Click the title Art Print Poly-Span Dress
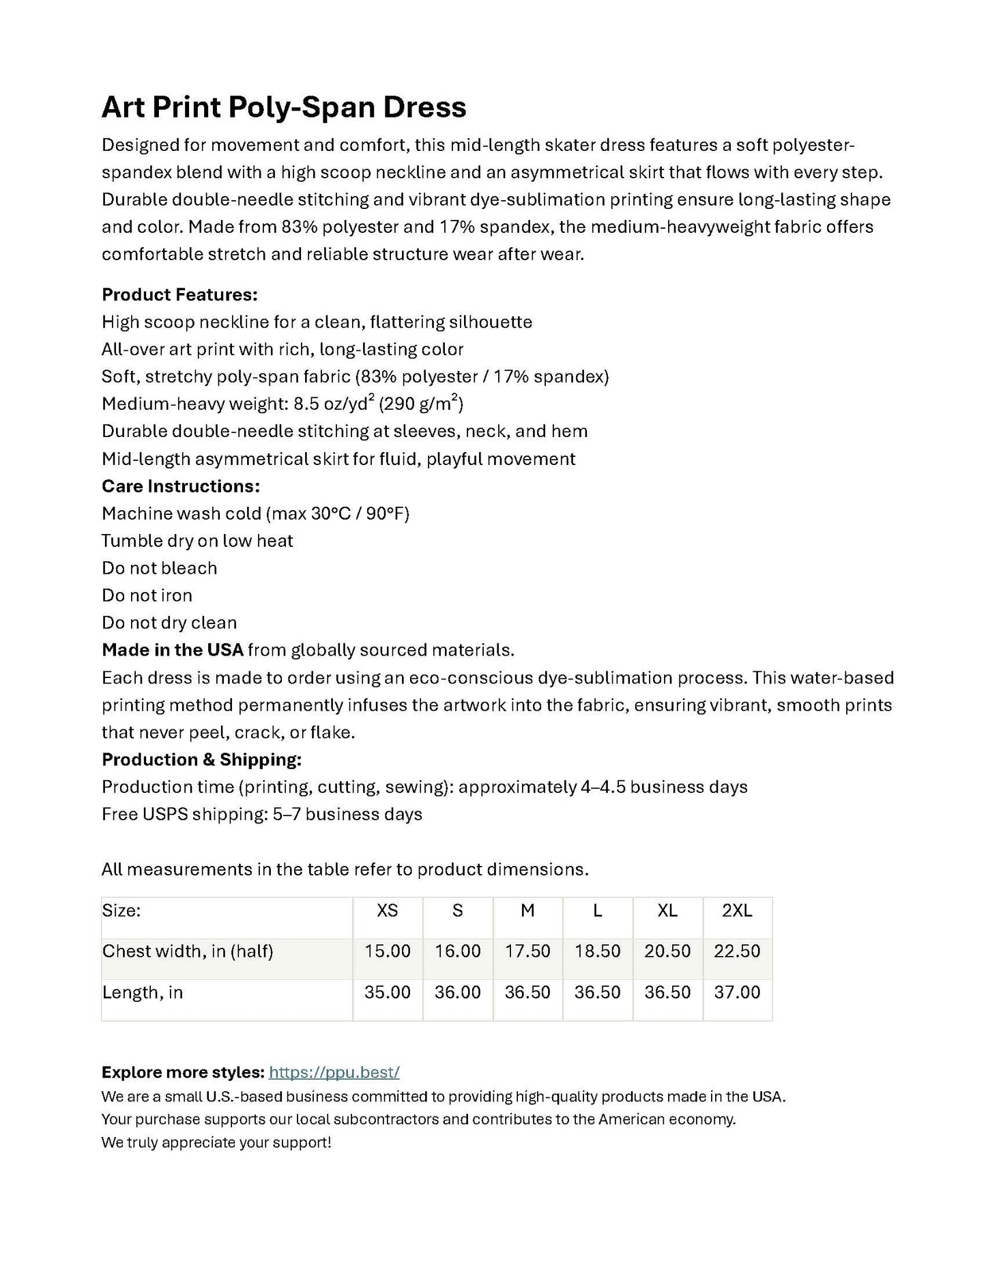[x=284, y=107]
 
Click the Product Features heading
[x=179, y=295]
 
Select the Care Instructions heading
[x=181, y=486]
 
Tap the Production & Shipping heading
[x=201, y=759]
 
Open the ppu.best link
[x=334, y=1072]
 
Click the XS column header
[x=388, y=910]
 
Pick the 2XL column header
[x=737, y=910]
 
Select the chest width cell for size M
[x=527, y=951]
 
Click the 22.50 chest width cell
[x=737, y=951]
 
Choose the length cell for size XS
[x=388, y=992]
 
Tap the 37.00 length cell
[x=737, y=992]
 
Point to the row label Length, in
[x=143, y=992]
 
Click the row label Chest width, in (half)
[x=188, y=951]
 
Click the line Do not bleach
[x=159, y=568]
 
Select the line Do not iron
[x=147, y=595]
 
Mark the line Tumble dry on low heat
[x=197, y=541]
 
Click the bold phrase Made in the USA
[x=173, y=650]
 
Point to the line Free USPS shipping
[x=262, y=814]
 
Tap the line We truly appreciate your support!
[x=216, y=1142]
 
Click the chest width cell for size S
[x=458, y=951]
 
